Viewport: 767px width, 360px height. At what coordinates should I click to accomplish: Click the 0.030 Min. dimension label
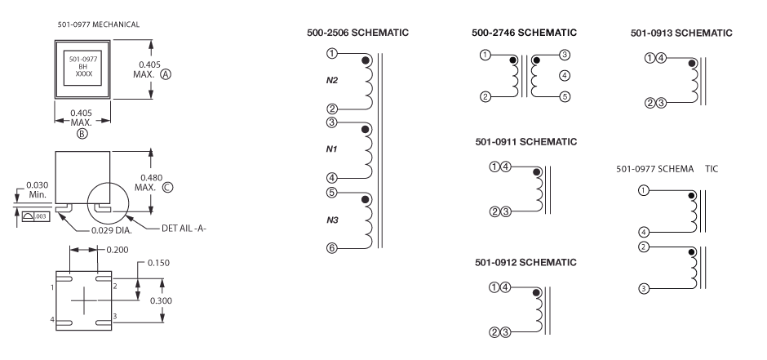[36, 189]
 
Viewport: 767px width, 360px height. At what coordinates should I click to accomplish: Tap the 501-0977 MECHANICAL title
[98, 24]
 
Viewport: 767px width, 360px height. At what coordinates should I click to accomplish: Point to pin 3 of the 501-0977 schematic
[644, 288]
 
